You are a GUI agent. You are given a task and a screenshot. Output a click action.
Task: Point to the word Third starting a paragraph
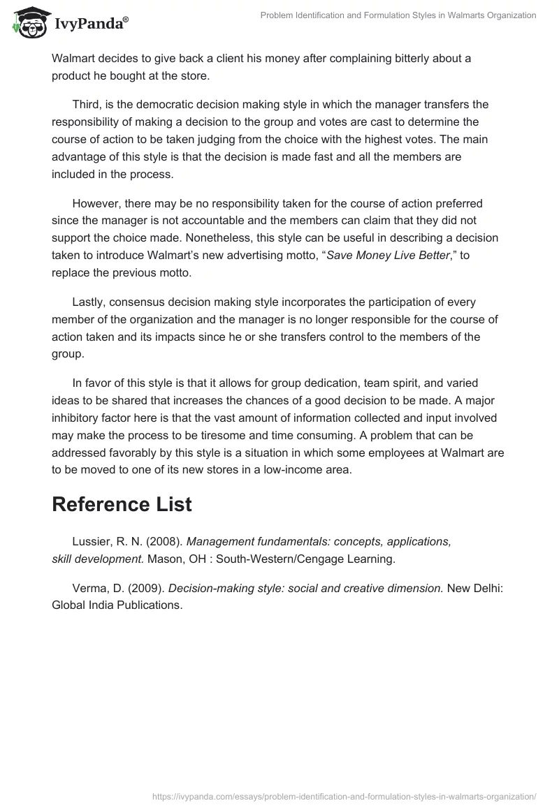coord(87,105)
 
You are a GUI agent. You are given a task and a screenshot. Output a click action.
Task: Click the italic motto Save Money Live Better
coord(389,256)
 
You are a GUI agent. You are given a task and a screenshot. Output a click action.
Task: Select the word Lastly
coord(89,302)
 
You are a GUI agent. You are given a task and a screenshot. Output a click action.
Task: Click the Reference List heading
coord(122,505)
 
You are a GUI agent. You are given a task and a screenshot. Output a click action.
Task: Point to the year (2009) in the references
coord(147,589)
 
